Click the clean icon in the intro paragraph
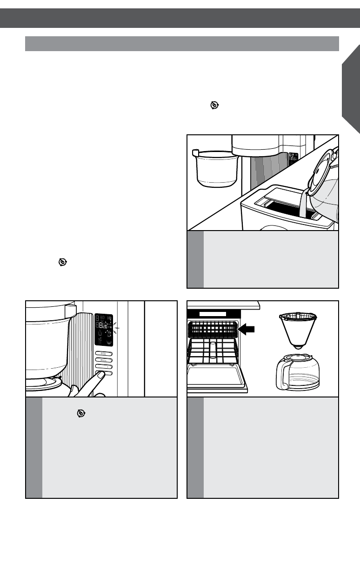pos(213,106)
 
